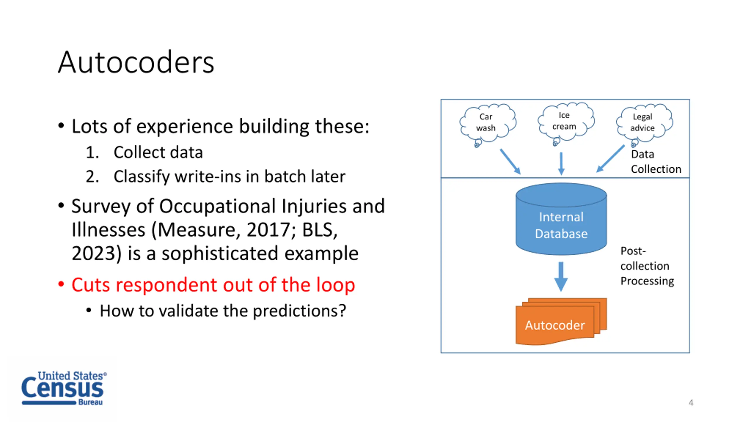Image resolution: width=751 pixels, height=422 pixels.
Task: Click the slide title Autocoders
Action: click(x=136, y=62)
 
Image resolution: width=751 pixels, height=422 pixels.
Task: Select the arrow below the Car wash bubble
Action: click(x=510, y=161)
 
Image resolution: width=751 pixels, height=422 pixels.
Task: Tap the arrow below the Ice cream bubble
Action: click(x=561, y=164)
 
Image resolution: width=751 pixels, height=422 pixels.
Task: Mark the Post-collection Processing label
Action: click(x=647, y=266)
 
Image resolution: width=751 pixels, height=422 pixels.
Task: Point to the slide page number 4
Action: click(x=691, y=403)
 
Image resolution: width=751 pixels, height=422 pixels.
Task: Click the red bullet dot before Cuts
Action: click(x=61, y=284)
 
